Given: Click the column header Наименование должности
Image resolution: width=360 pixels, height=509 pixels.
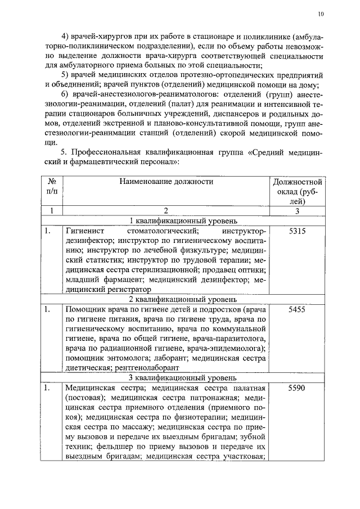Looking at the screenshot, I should [166, 182].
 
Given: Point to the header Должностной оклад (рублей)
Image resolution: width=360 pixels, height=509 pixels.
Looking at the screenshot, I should [297, 192].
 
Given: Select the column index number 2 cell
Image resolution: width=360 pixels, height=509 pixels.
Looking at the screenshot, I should [166, 211].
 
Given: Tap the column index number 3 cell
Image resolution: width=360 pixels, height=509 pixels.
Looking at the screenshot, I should [297, 211].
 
